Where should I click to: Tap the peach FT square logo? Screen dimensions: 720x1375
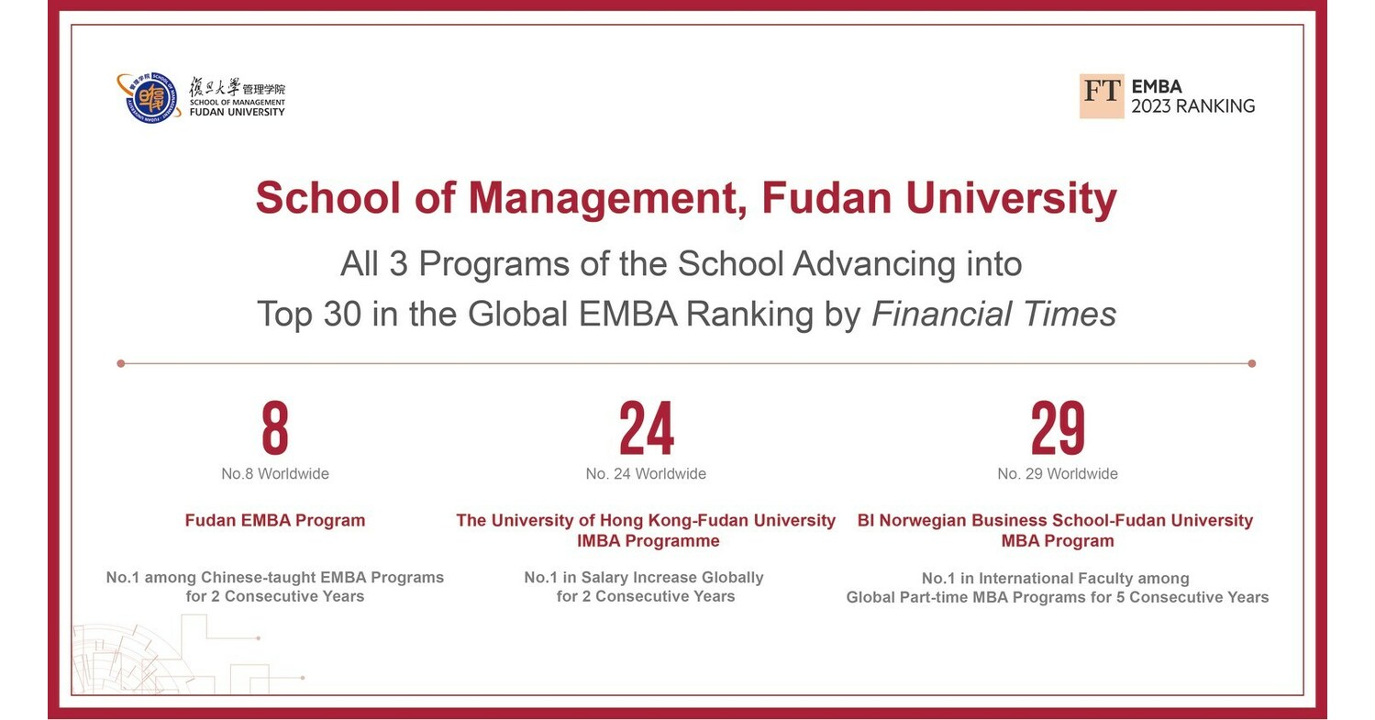(1101, 96)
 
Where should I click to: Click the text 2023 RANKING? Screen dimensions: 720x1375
(1192, 106)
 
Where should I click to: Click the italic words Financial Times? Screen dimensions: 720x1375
(993, 314)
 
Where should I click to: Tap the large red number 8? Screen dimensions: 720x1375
(274, 428)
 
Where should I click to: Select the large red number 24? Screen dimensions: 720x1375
(646, 428)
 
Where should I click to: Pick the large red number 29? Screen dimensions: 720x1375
(1058, 428)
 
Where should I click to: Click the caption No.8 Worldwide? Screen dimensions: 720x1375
(274, 474)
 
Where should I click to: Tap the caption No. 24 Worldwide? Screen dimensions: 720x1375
(646, 474)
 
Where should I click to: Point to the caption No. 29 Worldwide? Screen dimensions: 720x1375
(1058, 474)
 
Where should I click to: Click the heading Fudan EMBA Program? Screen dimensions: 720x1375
(274, 521)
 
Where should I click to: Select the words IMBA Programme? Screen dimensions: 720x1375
(648, 541)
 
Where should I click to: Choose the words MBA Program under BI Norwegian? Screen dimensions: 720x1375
(1058, 541)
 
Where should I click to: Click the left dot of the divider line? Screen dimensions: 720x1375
(121, 363)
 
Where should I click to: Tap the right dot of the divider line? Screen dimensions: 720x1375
(1252, 363)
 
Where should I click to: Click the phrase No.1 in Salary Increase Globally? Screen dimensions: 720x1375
(644, 578)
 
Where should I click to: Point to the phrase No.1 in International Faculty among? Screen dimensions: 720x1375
(1055, 579)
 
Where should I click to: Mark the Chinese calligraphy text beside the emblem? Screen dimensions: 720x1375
(215, 87)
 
